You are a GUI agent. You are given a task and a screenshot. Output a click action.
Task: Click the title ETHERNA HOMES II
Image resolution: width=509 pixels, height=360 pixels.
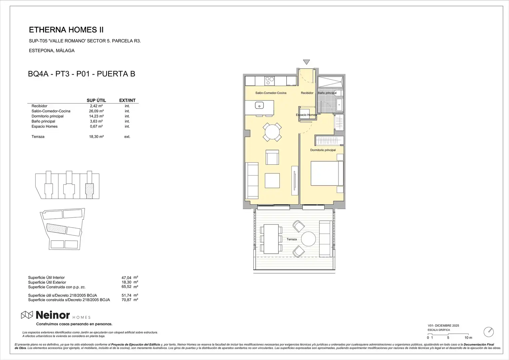point(66,30)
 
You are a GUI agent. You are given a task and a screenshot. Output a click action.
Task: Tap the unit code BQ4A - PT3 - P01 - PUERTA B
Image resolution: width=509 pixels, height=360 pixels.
point(82,74)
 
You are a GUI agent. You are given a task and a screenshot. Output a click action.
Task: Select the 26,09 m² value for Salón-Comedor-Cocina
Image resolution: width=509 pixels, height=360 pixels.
point(97,111)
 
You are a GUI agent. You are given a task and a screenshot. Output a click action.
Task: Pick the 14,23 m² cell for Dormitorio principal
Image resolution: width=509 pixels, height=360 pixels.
point(97,116)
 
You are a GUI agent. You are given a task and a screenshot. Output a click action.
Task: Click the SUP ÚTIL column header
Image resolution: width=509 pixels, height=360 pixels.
point(96,100)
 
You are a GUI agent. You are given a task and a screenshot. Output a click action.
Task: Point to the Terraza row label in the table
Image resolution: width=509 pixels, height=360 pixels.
point(38,137)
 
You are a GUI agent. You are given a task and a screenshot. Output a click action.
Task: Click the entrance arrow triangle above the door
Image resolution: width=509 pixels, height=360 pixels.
point(306,62)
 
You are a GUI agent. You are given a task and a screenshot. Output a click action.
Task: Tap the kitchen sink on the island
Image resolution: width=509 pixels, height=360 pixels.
point(259,106)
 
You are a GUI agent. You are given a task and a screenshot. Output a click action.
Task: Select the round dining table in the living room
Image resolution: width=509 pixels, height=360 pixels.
point(272,132)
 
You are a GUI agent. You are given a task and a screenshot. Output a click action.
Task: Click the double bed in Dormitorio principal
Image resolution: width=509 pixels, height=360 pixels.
point(327,173)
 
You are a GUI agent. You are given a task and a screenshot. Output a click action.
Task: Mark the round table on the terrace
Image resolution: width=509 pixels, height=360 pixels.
point(308,239)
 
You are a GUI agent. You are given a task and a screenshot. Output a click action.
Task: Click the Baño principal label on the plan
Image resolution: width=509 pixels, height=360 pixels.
point(327,93)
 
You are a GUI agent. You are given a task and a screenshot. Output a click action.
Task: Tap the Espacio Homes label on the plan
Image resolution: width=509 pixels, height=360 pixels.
point(306,115)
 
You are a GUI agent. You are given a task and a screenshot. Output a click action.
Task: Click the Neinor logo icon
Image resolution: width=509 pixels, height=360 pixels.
point(27,315)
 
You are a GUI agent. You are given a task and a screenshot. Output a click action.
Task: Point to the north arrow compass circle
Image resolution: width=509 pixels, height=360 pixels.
point(488,332)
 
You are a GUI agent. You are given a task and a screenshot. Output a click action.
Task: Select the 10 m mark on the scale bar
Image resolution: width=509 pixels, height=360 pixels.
point(468,338)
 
